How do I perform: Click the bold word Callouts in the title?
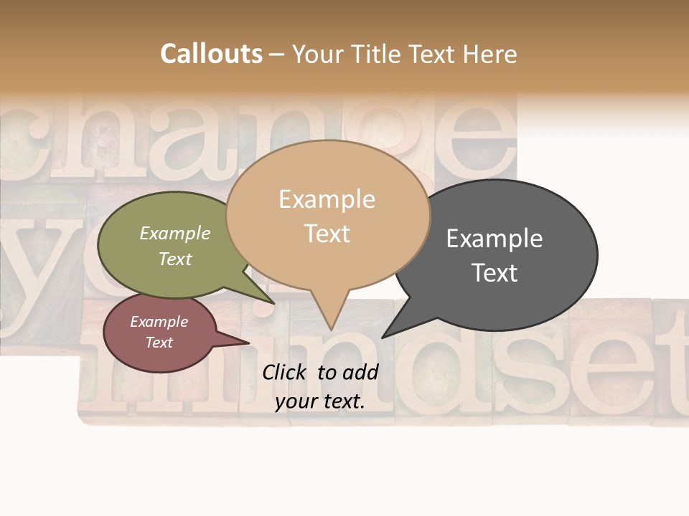(x=211, y=54)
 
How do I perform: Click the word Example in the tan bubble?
(x=327, y=199)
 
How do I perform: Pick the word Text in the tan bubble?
(x=327, y=234)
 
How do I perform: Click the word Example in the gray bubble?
(x=495, y=239)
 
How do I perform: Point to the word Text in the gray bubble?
(x=495, y=273)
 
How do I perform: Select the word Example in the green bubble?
(x=175, y=234)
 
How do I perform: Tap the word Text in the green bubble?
(x=175, y=259)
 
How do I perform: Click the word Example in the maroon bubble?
(x=159, y=322)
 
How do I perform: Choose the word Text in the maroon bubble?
(x=159, y=343)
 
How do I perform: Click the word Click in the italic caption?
(x=284, y=372)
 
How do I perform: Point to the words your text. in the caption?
(x=320, y=402)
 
